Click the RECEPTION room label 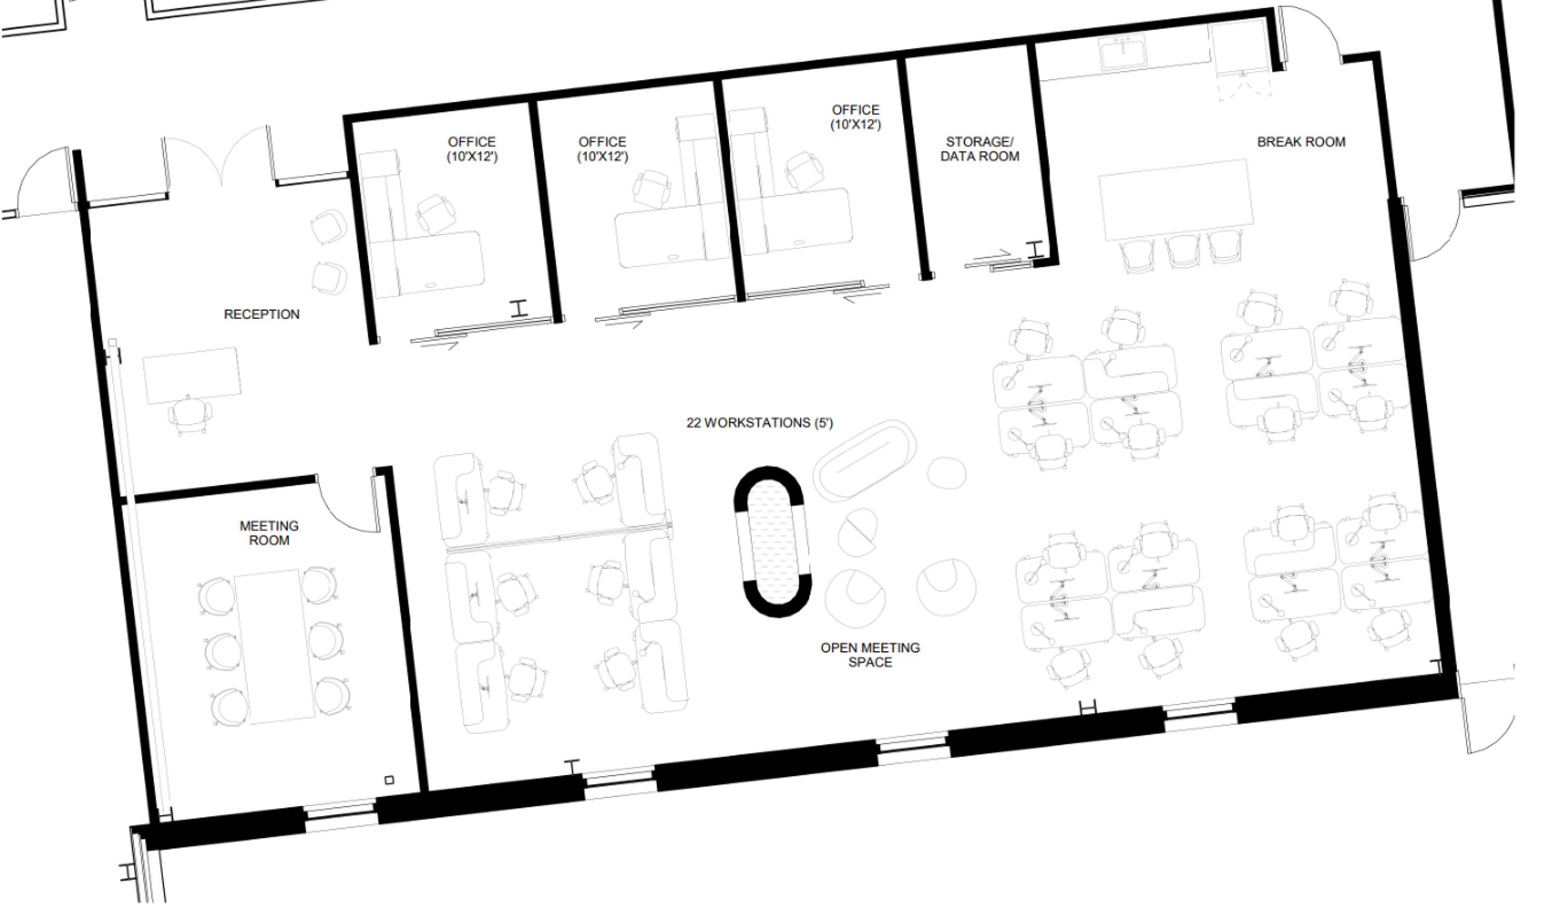[x=261, y=315]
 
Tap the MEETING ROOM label [x=269, y=533]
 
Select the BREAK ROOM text [x=1301, y=142]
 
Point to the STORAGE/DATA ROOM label [x=979, y=149]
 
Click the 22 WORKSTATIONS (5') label [x=760, y=423]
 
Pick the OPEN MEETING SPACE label [x=870, y=655]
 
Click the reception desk [x=192, y=375]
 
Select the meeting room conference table [x=276, y=646]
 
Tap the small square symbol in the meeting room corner [x=389, y=780]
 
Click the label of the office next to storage [x=855, y=117]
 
